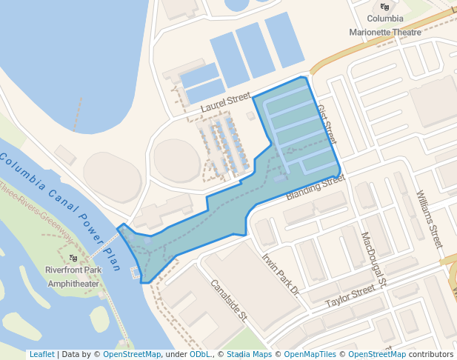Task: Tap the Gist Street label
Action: pyautogui.click(x=327, y=124)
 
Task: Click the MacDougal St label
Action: pyautogui.click(x=374, y=259)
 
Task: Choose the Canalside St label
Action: pyautogui.click(x=228, y=299)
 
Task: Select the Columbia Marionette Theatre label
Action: pyautogui.click(x=385, y=25)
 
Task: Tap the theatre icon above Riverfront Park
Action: pyautogui.click(x=73, y=257)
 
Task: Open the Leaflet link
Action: pyautogui.click(x=41, y=354)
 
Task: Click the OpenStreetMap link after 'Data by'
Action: pyautogui.click(x=132, y=354)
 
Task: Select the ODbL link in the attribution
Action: pyautogui.click(x=200, y=354)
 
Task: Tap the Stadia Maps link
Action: pyautogui.click(x=249, y=354)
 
